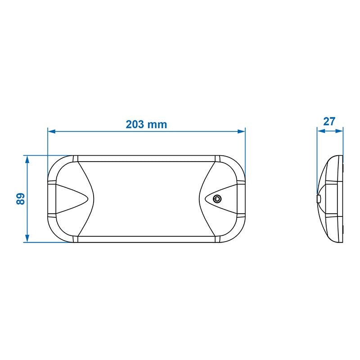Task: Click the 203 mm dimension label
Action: pyautogui.click(x=146, y=125)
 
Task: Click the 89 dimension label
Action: pyautogui.click(x=20, y=199)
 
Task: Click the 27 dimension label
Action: pyautogui.click(x=330, y=121)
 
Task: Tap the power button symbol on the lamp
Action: pyautogui.click(x=218, y=198)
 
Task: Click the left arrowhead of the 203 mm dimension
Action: pyautogui.click(x=51, y=131)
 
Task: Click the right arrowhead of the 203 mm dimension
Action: pyautogui.click(x=242, y=131)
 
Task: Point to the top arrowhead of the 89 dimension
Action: pyautogui.click(x=27, y=159)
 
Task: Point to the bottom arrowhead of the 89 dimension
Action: pyautogui.click(x=27, y=239)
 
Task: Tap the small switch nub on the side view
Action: pyautogui.click(x=319, y=198)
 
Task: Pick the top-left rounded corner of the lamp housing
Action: pyautogui.click(x=56, y=164)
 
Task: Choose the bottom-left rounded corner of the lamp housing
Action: pyautogui.click(x=56, y=234)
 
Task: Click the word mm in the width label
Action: pyautogui.click(x=159, y=125)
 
